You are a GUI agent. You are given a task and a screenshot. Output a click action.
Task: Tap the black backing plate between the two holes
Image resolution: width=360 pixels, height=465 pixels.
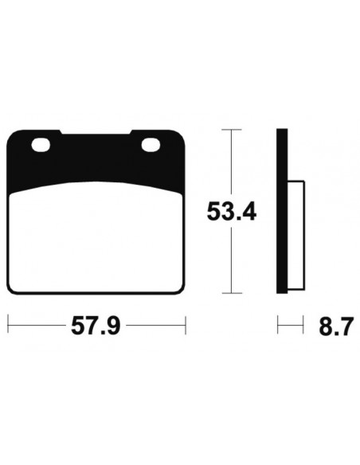96,151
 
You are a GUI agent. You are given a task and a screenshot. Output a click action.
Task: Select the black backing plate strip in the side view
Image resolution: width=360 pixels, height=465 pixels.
281,212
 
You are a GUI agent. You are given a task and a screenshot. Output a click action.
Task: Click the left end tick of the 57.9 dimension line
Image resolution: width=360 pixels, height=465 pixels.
8,324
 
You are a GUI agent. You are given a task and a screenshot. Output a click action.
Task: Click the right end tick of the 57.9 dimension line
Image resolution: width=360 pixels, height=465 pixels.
185,324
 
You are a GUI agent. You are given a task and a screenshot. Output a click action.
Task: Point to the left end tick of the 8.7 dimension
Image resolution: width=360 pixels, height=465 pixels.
278,324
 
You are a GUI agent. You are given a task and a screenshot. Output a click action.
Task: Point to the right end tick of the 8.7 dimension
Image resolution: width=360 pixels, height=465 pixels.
303,324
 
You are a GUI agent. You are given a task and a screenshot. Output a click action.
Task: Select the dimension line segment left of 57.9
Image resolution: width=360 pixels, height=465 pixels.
36,324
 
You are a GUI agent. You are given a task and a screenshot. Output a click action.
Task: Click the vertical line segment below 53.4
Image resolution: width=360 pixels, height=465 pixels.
231,263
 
